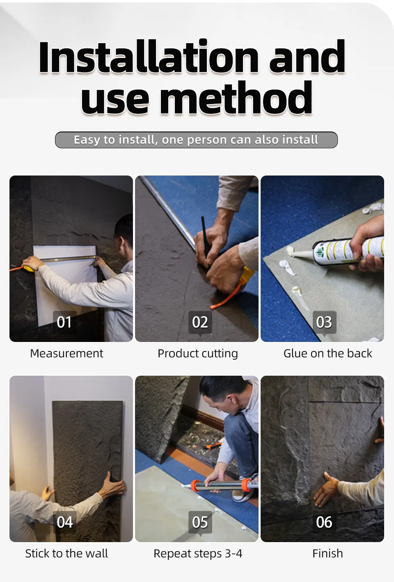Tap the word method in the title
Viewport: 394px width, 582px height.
(x=236, y=98)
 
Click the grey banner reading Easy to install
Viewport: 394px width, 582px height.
(x=196, y=140)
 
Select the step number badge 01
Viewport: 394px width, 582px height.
(x=64, y=322)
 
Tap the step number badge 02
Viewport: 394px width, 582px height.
(x=200, y=322)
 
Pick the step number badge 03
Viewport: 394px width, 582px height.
(x=324, y=322)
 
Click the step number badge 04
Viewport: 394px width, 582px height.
(x=64, y=522)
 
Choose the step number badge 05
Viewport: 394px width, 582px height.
(x=200, y=522)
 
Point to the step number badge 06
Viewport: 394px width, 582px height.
(x=324, y=522)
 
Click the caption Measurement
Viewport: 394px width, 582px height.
(x=66, y=353)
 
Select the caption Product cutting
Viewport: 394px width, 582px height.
(x=198, y=354)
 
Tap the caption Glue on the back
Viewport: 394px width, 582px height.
(x=328, y=353)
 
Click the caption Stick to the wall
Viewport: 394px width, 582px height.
(x=66, y=554)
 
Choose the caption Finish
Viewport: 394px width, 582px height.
(x=328, y=554)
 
